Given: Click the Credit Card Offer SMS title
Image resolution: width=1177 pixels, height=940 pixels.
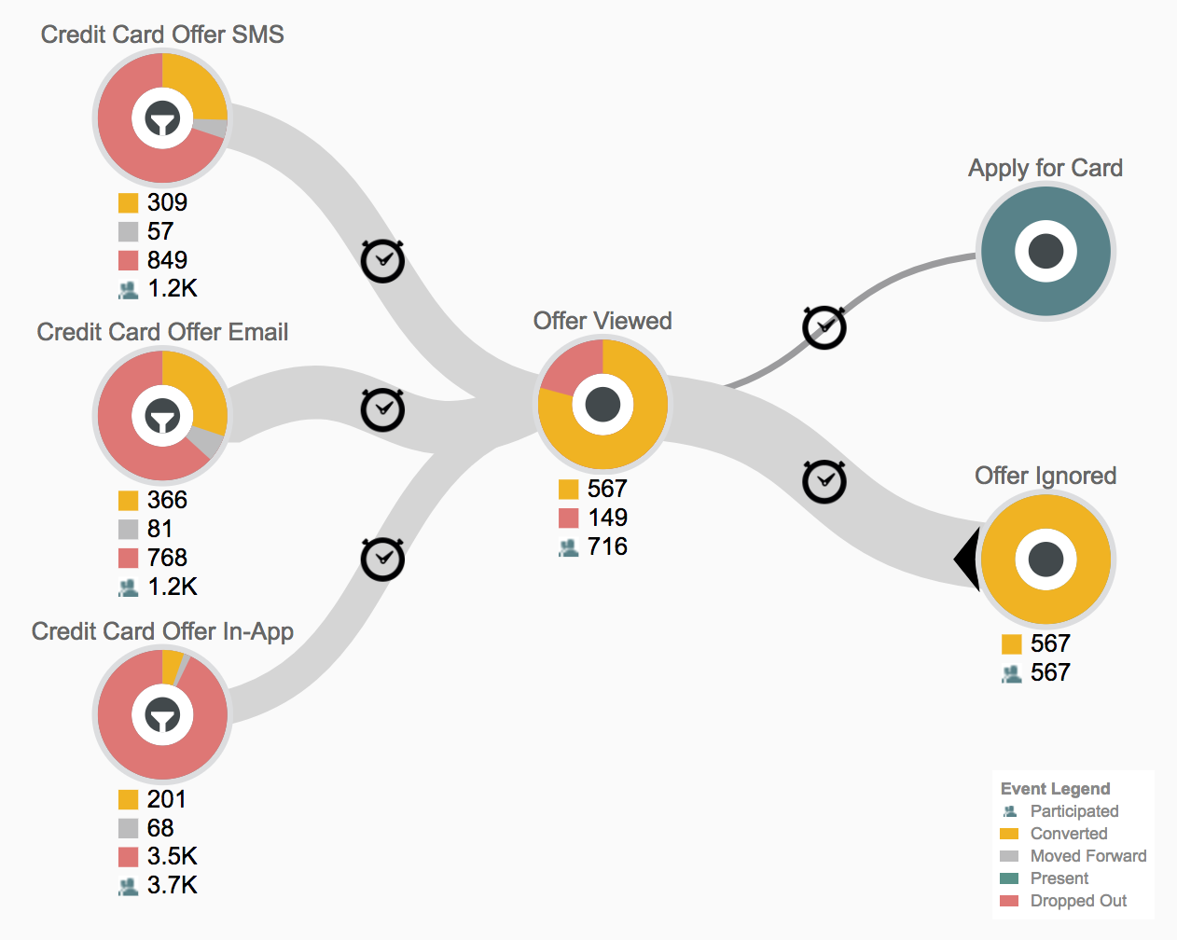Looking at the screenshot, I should pos(162,35).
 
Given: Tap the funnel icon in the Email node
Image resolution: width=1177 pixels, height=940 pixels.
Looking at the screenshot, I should pos(162,416).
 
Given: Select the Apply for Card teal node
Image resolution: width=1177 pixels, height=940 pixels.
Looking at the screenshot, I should pos(1045,251).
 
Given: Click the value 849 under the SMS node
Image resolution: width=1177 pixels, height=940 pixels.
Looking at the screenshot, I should pos(167,260).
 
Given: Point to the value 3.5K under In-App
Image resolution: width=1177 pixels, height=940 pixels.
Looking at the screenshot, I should pos(172,856).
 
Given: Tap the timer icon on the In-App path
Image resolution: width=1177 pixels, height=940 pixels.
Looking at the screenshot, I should pos(382,559).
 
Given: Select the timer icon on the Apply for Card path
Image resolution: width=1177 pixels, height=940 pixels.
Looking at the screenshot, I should pos(824,327).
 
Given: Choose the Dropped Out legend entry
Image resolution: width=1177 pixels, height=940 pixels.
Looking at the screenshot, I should pos(1078,901).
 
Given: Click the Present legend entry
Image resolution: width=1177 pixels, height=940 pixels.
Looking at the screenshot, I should pos(1059,878).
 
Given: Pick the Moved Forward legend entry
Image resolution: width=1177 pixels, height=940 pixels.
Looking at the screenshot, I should pos(1087,856).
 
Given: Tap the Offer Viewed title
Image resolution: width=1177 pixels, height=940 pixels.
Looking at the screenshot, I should pos(602,321).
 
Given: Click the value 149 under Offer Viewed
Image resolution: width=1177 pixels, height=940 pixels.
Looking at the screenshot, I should pos(607,518).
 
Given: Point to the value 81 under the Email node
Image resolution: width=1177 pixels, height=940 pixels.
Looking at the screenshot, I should pos(159,529).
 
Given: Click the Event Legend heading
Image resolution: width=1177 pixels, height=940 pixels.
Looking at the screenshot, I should pos(1055,789).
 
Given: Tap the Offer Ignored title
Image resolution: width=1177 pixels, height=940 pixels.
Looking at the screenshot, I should pos(1045,476).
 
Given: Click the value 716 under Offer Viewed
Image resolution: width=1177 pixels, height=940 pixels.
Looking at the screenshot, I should pos(607,546).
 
